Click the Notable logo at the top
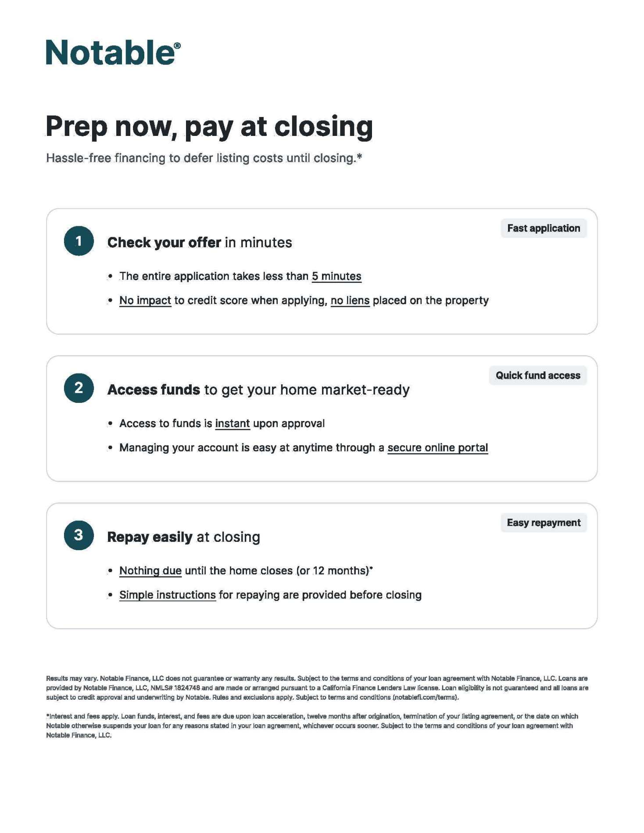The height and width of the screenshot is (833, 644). coord(113,53)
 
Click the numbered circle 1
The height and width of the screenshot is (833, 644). coord(79,241)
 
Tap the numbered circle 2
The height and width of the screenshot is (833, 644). coord(79,388)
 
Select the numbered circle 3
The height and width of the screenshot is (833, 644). coord(79,535)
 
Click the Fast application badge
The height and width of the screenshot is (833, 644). coord(544,228)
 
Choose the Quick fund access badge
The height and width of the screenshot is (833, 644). coord(538,376)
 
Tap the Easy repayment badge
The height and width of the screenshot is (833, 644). coord(544,523)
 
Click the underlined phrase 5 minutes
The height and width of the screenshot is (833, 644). coord(336,276)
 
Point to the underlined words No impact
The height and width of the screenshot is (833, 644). coord(145,300)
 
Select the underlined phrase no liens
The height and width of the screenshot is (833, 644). coord(350,300)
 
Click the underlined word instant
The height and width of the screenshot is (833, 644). coord(233,424)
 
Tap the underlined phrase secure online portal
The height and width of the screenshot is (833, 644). coord(437,448)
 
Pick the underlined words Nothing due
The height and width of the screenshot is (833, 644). coord(150,571)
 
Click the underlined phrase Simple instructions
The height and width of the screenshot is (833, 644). coord(168,595)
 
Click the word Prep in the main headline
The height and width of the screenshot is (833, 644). coord(77,127)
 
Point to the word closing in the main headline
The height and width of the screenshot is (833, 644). coord(324,127)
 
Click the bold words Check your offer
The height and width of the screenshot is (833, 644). coord(164,242)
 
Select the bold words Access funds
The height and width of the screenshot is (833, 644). coord(154,390)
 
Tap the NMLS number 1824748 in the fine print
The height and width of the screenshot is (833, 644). coord(187,688)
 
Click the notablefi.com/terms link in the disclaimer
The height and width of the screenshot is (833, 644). coord(425,698)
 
